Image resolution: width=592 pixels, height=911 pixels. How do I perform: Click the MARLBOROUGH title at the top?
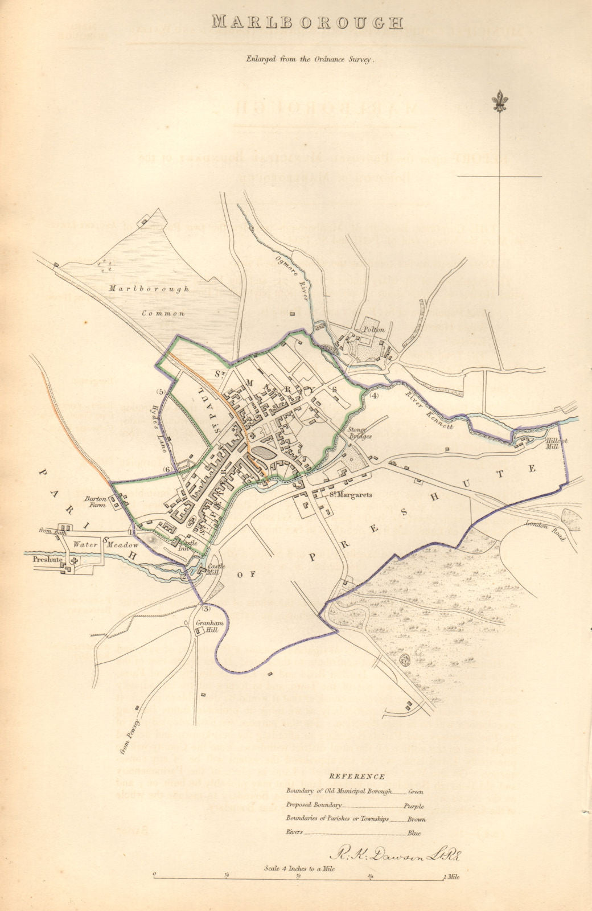coord(307,23)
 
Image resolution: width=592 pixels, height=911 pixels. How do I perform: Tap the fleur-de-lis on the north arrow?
coord(501,100)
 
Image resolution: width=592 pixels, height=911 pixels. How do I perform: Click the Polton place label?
coord(375,330)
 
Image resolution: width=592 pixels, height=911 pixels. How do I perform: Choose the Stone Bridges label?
coord(360,433)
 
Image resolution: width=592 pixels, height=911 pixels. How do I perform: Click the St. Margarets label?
coord(351,495)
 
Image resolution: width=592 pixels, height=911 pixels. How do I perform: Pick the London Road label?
coord(544,530)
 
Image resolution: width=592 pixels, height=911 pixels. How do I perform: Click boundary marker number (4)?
coord(373,395)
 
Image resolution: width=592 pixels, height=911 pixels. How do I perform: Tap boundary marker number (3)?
coord(206,605)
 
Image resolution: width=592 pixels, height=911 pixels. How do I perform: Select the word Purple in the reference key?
coord(414,806)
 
